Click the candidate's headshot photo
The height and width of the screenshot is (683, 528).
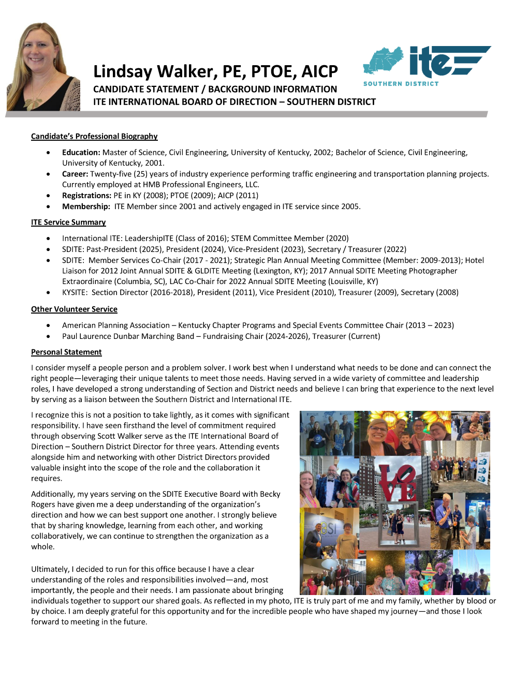click(43, 67)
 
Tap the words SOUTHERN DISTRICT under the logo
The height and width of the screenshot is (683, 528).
click(401, 84)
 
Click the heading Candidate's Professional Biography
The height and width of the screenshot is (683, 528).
click(94, 137)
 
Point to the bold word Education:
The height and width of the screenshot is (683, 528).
click(81, 153)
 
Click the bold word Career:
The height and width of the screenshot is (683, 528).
click(75, 174)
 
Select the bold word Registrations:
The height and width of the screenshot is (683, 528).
click(86, 196)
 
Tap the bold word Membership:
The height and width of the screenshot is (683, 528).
click(86, 206)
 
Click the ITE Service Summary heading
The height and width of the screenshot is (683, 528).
click(68, 222)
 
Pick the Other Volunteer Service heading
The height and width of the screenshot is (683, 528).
click(74, 309)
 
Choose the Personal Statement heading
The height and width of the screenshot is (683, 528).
click(66, 352)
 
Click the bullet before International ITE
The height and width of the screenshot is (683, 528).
click(49, 239)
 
